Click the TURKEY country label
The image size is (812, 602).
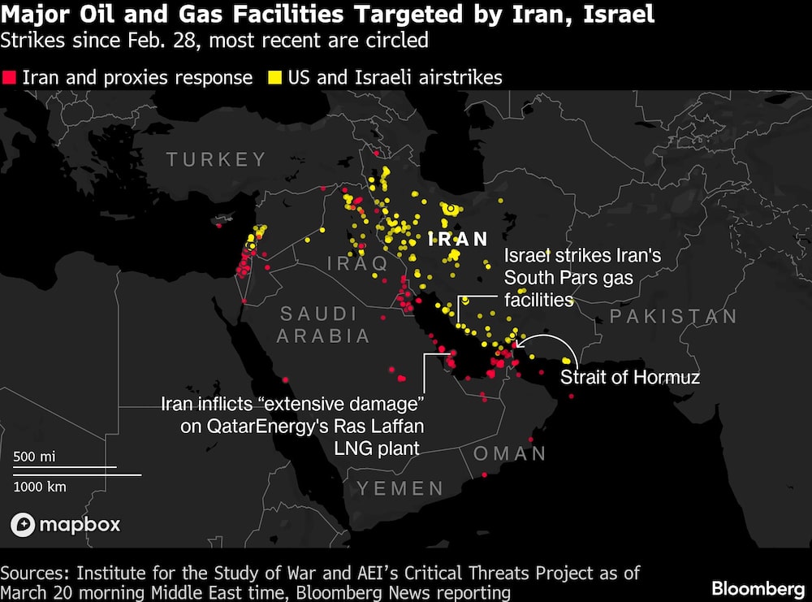217,159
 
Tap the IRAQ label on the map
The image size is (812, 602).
357,263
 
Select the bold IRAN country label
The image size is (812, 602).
458,239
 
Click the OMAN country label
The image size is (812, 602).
510,453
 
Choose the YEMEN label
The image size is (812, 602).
400,488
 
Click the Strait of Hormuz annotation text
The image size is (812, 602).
629,377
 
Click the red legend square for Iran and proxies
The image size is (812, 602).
10,78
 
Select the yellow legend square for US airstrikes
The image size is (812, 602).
275,78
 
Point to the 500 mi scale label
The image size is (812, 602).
34,457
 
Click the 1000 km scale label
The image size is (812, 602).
40,487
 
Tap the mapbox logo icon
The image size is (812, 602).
23,525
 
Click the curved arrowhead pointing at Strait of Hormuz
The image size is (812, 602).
519,342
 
